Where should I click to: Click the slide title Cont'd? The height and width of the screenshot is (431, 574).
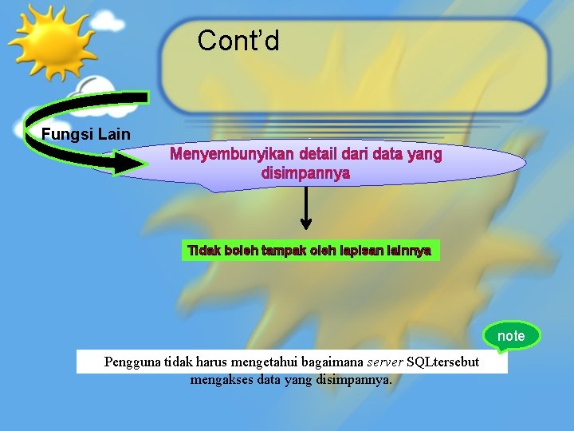click(x=238, y=40)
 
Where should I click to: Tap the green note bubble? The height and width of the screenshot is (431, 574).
click(x=511, y=336)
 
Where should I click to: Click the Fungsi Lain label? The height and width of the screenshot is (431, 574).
click(x=85, y=134)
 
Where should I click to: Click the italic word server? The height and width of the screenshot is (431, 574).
click(x=384, y=362)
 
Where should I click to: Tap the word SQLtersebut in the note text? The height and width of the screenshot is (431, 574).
click(x=443, y=362)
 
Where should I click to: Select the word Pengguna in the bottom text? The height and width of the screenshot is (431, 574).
click(x=132, y=362)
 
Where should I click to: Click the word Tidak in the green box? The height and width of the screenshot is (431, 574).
click(x=203, y=251)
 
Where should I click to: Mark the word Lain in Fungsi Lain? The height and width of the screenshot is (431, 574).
click(x=115, y=134)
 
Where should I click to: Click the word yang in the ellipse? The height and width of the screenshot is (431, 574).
click(x=424, y=154)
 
